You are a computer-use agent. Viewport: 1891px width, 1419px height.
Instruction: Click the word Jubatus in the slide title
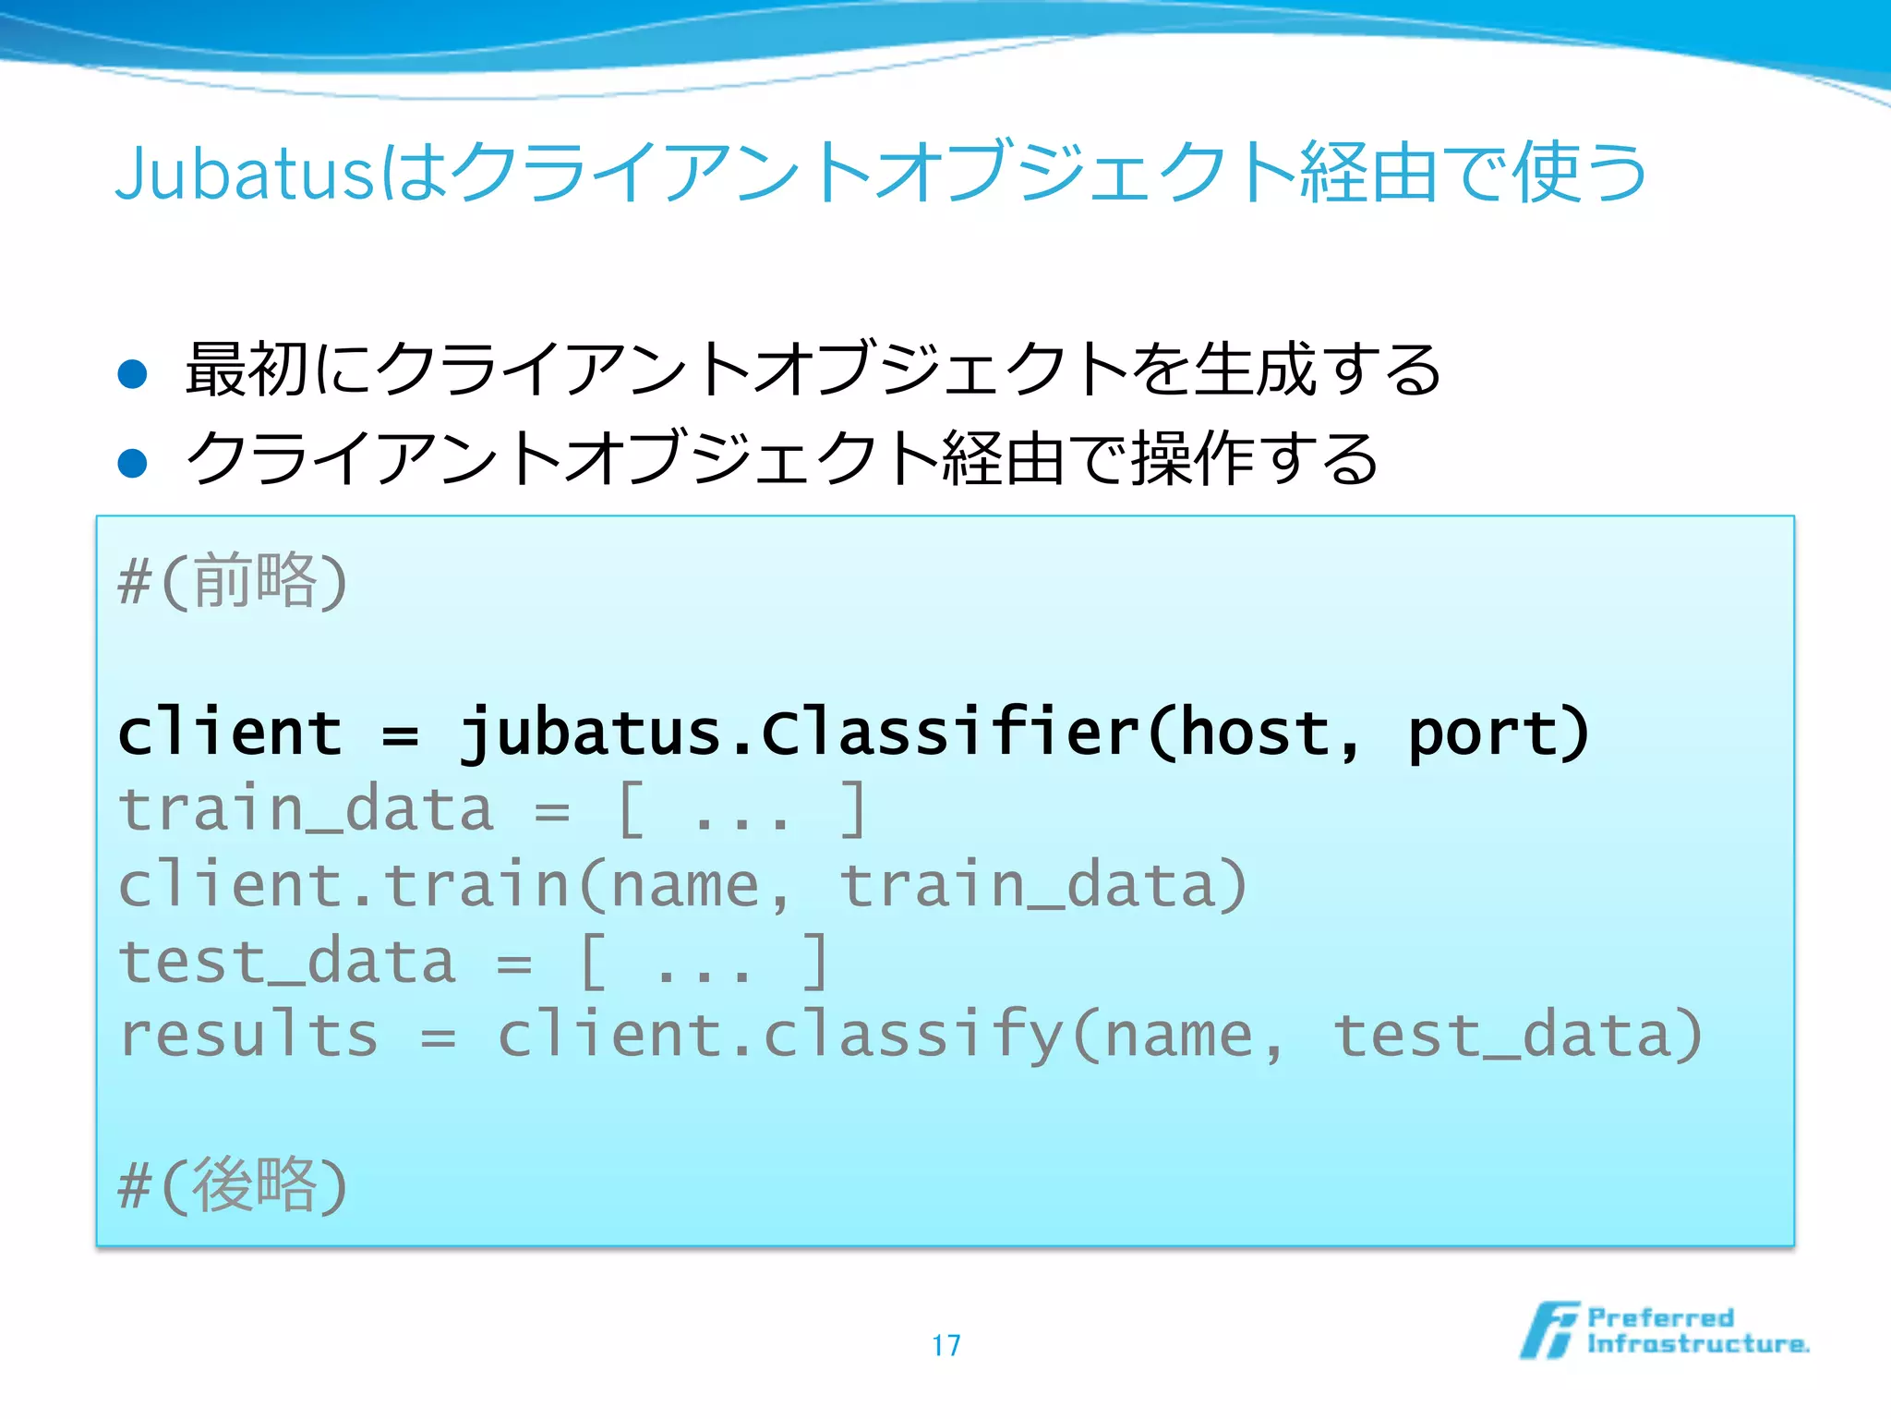coord(244,174)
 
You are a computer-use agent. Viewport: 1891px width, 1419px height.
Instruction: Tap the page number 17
coord(945,1345)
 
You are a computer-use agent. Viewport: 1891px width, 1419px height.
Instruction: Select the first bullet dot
coord(133,374)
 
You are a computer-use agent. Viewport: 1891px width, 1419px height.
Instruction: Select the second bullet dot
coord(133,462)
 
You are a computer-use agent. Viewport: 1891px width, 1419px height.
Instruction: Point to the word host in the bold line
coord(1256,734)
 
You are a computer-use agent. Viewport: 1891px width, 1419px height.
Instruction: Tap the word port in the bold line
coord(1483,734)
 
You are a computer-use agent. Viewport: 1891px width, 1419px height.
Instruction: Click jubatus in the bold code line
coord(591,734)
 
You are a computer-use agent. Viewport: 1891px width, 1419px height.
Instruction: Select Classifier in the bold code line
coord(951,734)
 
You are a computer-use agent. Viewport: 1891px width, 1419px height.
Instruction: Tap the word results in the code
coord(249,1035)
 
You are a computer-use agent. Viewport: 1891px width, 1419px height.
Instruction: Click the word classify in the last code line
coord(914,1035)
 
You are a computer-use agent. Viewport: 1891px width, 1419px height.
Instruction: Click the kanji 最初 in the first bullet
coord(246,370)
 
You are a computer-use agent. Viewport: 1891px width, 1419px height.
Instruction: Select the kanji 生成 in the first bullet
coord(1256,370)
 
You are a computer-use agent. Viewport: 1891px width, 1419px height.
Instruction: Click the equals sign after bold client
coord(401,735)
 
